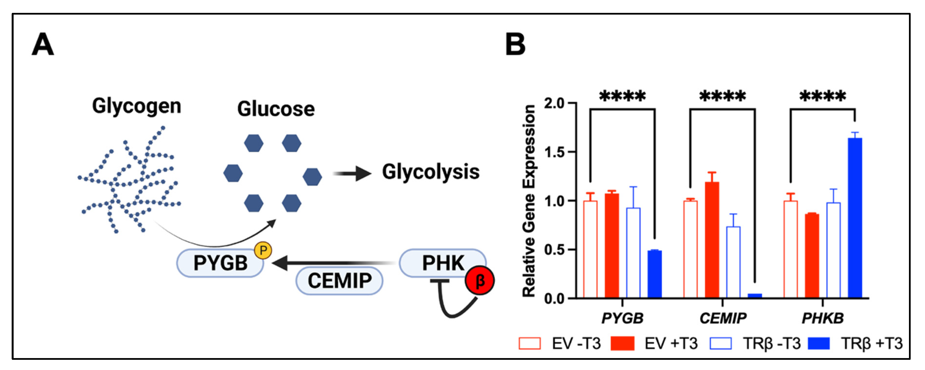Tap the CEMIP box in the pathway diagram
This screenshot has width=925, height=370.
[x=339, y=281]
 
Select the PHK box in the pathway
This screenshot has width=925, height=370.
[x=442, y=263]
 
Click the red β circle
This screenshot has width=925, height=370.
[x=479, y=281]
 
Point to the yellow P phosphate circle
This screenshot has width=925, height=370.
[x=263, y=250]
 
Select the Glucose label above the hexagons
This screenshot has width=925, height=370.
[x=276, y=109]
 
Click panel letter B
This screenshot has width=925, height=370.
[x=515, y=44]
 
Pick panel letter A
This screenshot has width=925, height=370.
[x=43, y=44]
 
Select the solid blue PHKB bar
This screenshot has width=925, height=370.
[x=855, y=218]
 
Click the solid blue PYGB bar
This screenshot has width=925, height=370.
[x=655, y=274]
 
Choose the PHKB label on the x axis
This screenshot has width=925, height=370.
[x=823, y=318]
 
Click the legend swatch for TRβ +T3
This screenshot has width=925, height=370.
[x=819, y=344]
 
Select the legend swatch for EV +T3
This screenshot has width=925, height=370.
[x=622, y=344]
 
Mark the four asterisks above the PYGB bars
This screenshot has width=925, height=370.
[x=622, y=96]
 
